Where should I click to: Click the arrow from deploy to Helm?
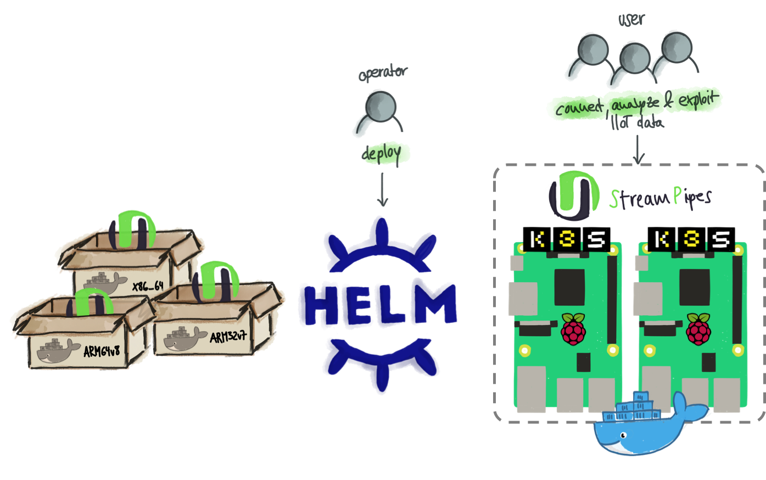(x=383, y=189)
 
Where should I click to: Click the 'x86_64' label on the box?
(x=148, y=286)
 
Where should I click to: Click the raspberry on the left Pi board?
(x=573, y=329)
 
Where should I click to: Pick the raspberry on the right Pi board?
(x=698, y=329)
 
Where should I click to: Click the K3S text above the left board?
(x=568, y=239)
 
